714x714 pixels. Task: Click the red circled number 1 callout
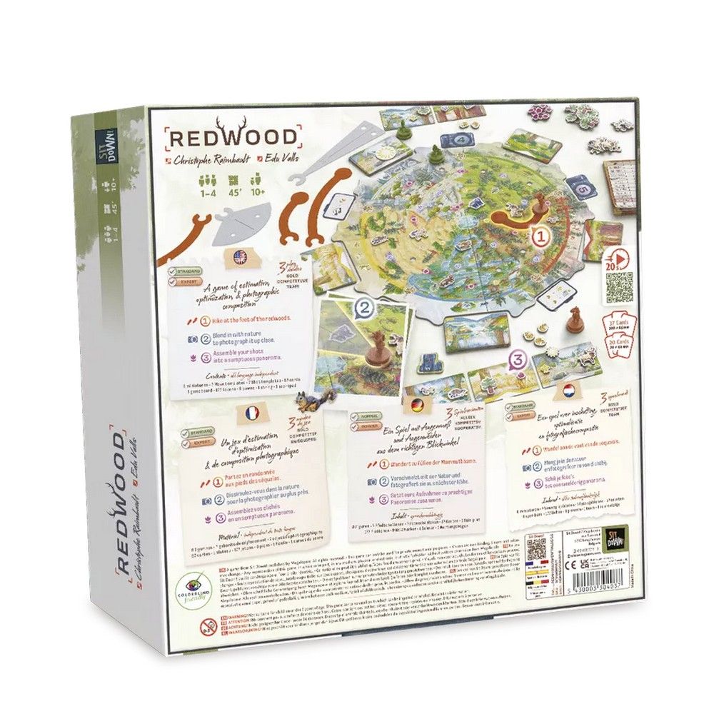tap(541, 233)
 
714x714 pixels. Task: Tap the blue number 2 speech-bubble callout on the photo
tap(365, 308)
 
